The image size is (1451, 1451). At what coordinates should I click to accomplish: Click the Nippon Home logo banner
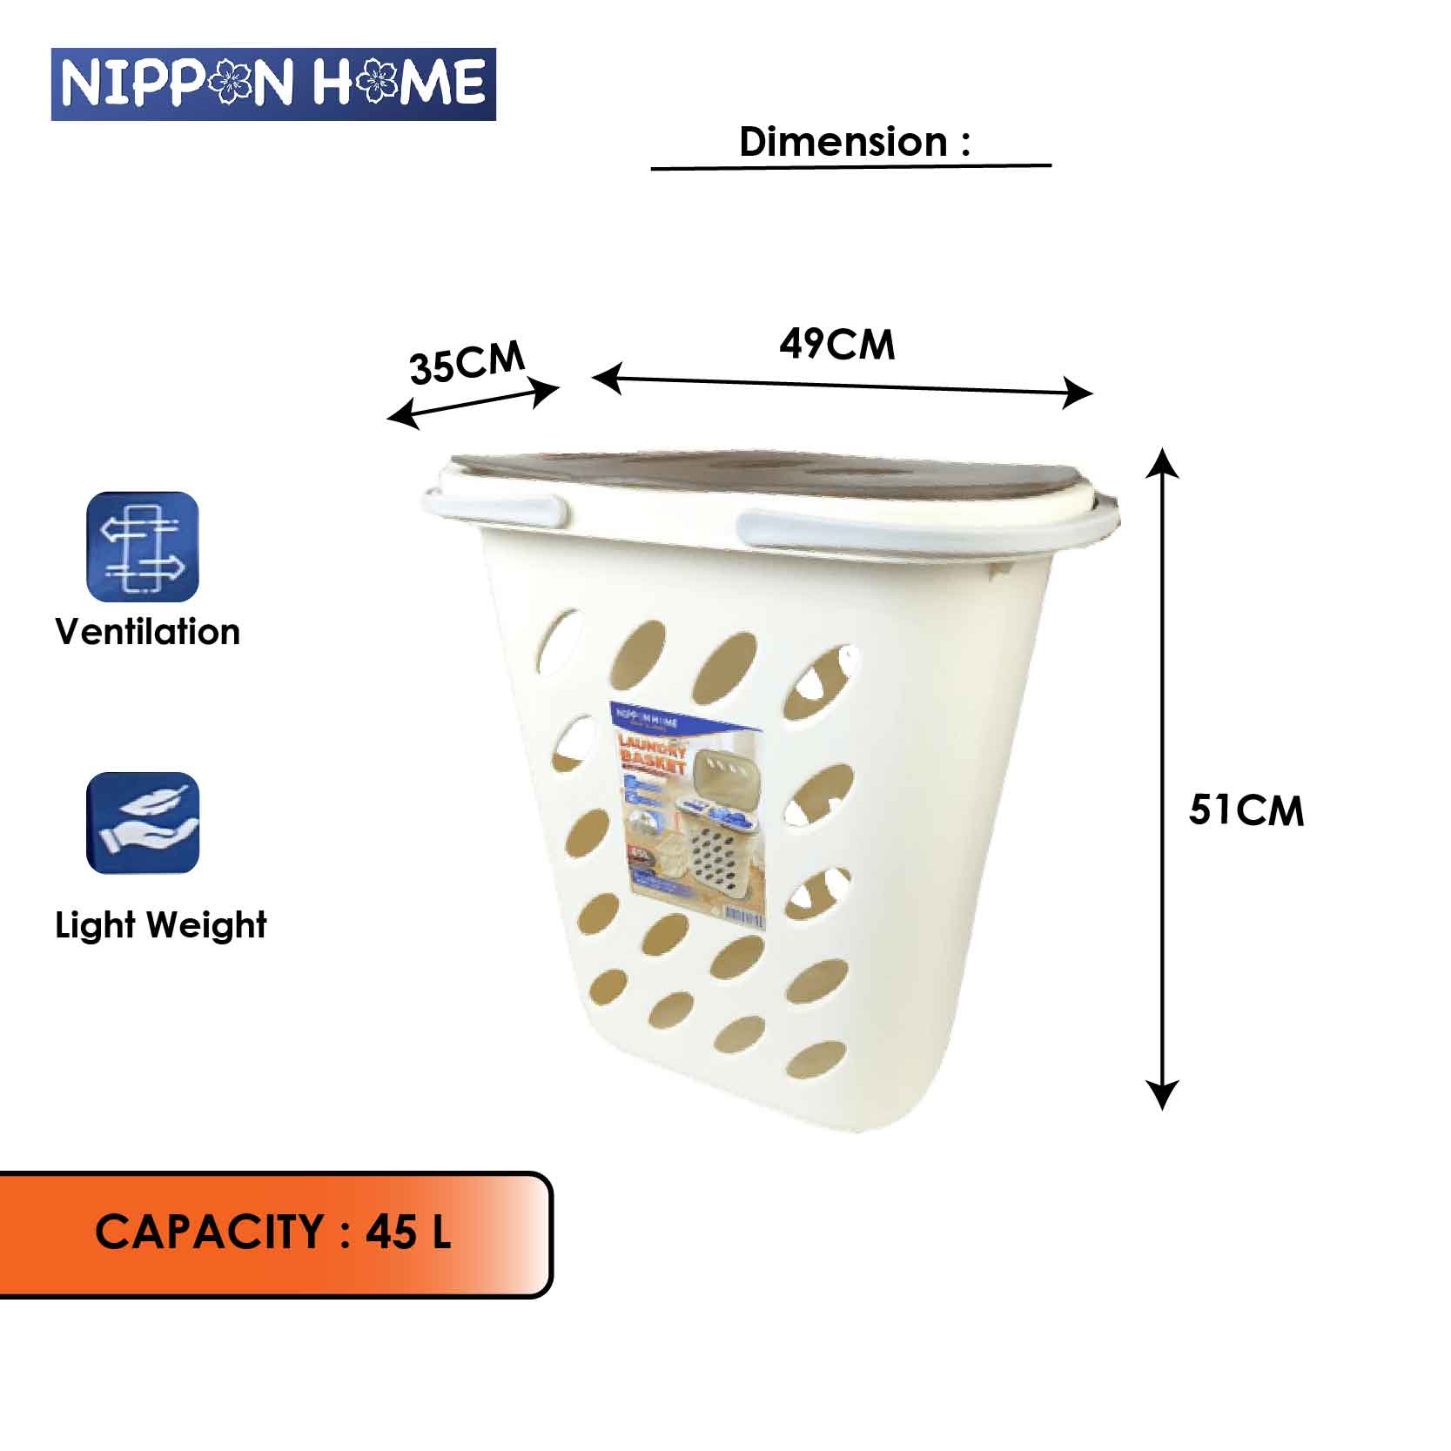point(273,84)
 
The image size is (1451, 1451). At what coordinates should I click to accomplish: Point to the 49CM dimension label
point(836,345)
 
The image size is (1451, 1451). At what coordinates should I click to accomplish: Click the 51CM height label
point(1246,811)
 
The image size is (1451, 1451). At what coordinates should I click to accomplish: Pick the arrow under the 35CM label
point(473,406)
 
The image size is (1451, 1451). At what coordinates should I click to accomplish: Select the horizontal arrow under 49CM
point(842,386)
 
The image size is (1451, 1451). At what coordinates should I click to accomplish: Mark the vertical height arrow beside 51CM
point(1162,779)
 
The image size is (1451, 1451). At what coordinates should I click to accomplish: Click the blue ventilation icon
point(143,547)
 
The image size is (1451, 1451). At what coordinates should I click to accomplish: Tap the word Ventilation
point(147,632)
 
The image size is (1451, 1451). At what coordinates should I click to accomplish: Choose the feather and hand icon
point(143,823)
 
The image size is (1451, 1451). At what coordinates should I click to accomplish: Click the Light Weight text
point(161,925)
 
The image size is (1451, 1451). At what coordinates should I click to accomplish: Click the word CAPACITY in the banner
point(209,1233)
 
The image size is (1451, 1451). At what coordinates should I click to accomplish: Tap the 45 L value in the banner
point(407,1233)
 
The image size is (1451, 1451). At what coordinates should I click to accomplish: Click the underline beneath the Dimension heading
point(850,166)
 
